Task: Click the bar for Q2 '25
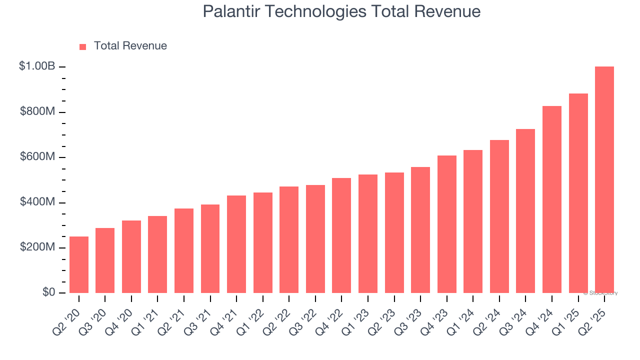604,180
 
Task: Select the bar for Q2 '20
79,265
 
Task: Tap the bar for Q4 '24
552,199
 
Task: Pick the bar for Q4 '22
341,235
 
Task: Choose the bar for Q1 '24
473,221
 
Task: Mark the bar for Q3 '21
210,249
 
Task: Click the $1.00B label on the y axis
37,66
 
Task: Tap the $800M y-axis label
37,111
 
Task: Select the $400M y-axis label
37,202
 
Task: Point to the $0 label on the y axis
48,292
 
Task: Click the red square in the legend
83,47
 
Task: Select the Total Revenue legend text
130,46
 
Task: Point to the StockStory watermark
600,293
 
